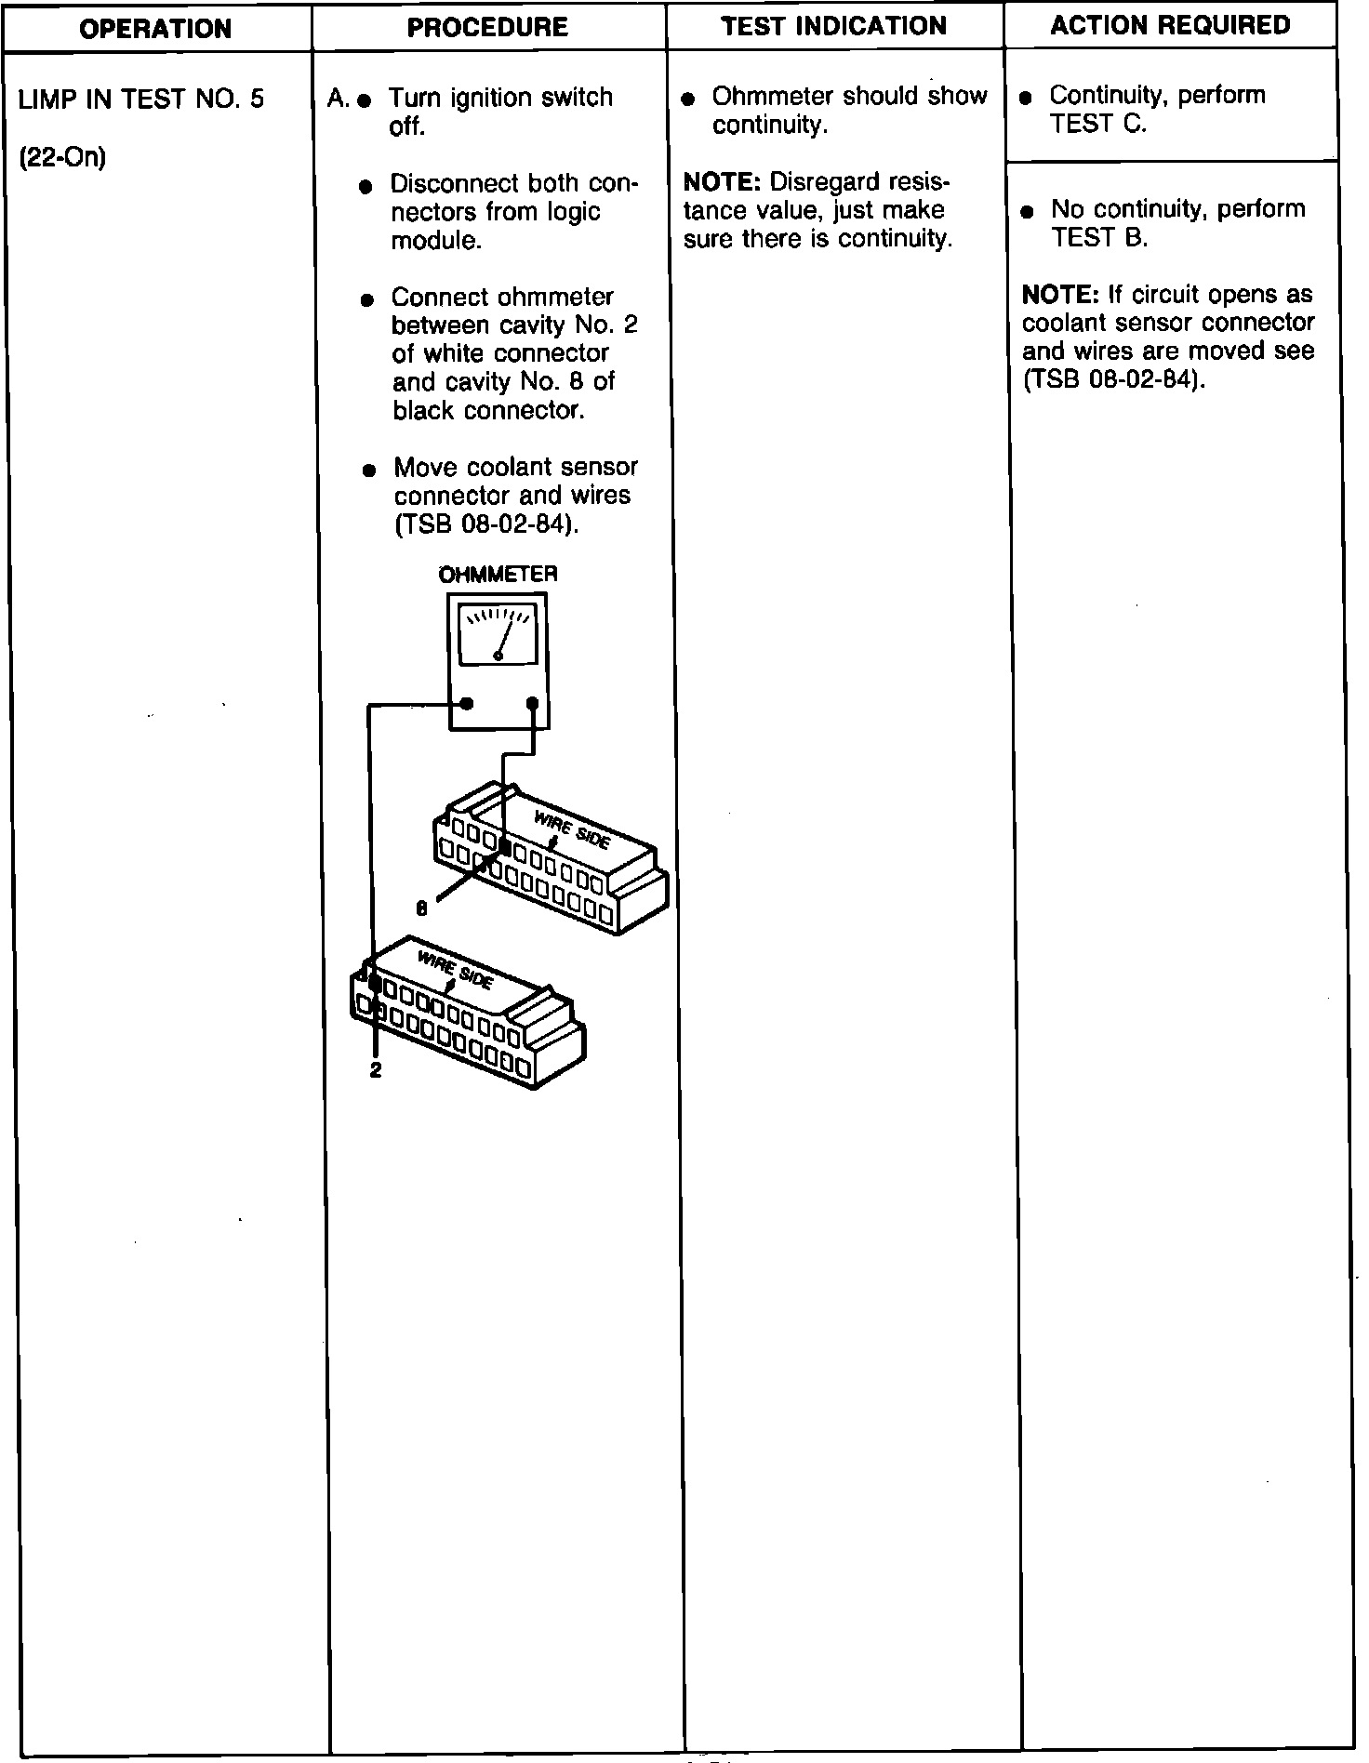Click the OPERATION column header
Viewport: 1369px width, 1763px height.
pyautogui.click(x=155, y=29)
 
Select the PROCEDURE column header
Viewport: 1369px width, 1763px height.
pyautogui.click(x=487, y=28)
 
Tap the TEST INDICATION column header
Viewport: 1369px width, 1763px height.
pyautogui.click(x=833, y=26)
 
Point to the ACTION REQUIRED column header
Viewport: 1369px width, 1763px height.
pyautogui.click(x=1170, y=25)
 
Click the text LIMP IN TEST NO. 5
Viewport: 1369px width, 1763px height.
pyautogui.click(x=141, y=99)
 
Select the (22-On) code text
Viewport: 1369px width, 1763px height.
pyautogui.click(x=62, y=158)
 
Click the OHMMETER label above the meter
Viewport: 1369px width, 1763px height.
pyautogui.click(x=498, y=575)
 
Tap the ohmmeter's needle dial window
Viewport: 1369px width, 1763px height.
pyautogui.click(x=498, y=635)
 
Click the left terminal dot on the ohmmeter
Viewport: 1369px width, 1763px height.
pyautogui.click(x=467, y=703)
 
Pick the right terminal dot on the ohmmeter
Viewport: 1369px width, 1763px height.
pyautogui.click(x=532, y=703)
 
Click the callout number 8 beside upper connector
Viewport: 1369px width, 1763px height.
pyautogui.click(x=421, y=909)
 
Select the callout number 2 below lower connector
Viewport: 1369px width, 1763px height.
pyautogui.click(x=375, y=1070)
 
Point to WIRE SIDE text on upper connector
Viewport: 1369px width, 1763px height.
pyautogui.click(x=572, y=828)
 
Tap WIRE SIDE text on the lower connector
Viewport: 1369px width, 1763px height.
pyautogui.click(x=455, y=970)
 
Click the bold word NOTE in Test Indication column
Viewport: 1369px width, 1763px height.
pyautogui.click(x=722, y=181)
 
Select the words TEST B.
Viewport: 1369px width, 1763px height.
pyautogui.click(x=1099, y=238)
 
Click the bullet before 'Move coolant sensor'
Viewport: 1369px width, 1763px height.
pyautogui.click(x=369, y=470)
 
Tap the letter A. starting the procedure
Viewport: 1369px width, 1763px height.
pyautogui.click(x=339, y=99)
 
